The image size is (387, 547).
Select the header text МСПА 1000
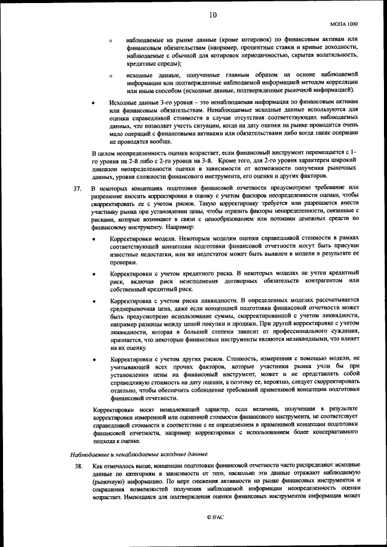click(x=344, y=24)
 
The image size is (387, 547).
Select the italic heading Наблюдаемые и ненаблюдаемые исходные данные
click(x=139, y=453)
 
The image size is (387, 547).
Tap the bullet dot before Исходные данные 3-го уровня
click(x=93, y=103)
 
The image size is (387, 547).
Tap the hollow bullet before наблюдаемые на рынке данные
click(x=111, y=40)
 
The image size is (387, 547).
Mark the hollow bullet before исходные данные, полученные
click(x=111, y=76)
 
